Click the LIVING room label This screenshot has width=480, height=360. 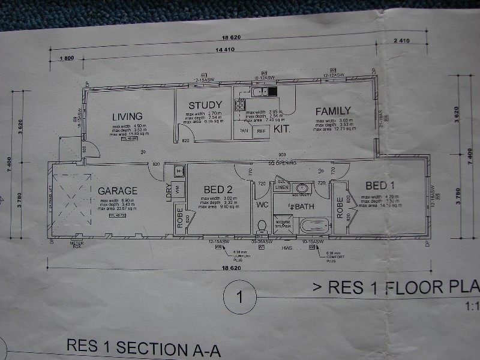click(127, 116)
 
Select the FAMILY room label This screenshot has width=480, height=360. click(333, 111)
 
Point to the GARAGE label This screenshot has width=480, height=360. click(118, 191)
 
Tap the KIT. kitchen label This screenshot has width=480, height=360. click(282, 129)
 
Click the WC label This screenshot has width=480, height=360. click(262, 205)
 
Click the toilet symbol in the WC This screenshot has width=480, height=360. click(261, 226)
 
